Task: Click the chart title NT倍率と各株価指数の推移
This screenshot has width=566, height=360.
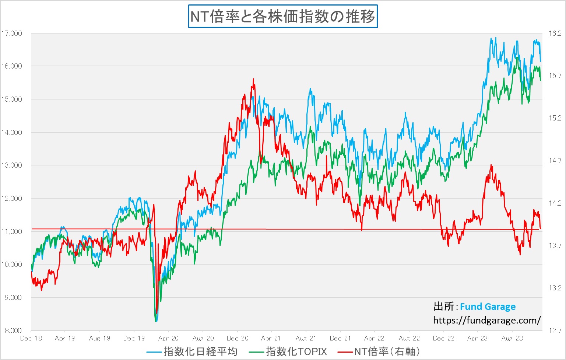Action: [x=283, y=17]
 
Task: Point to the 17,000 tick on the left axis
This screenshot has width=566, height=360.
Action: [x=12, y=34]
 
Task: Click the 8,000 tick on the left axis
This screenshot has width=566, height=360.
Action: [x=13, y=331]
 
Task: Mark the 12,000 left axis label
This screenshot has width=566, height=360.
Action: [x=12, y=199]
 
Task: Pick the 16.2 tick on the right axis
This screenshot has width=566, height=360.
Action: [x=555, y=34]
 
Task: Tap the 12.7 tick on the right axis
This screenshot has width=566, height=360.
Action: [x=555, y=331]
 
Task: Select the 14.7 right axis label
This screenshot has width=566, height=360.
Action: [x=555, y=161]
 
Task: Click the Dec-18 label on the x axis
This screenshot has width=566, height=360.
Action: [x=31, y=338]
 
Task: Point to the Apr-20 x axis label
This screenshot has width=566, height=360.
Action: [x=168, y=338]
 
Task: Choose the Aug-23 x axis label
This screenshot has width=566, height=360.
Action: [x=512, y=338]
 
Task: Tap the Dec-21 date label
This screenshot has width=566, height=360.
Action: [x=340, y=338]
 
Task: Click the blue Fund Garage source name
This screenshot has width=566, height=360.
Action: [x=488, y=307]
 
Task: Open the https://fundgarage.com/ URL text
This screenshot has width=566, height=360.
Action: [x=487, y=320]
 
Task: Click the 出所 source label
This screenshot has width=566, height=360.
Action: [x=443, y=307]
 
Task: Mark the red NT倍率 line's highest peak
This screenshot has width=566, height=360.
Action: [x=253, y=79]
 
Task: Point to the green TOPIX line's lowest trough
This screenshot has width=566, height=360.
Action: [x=156, y=321]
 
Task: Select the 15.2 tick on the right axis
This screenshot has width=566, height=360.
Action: [x=555, y=118]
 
